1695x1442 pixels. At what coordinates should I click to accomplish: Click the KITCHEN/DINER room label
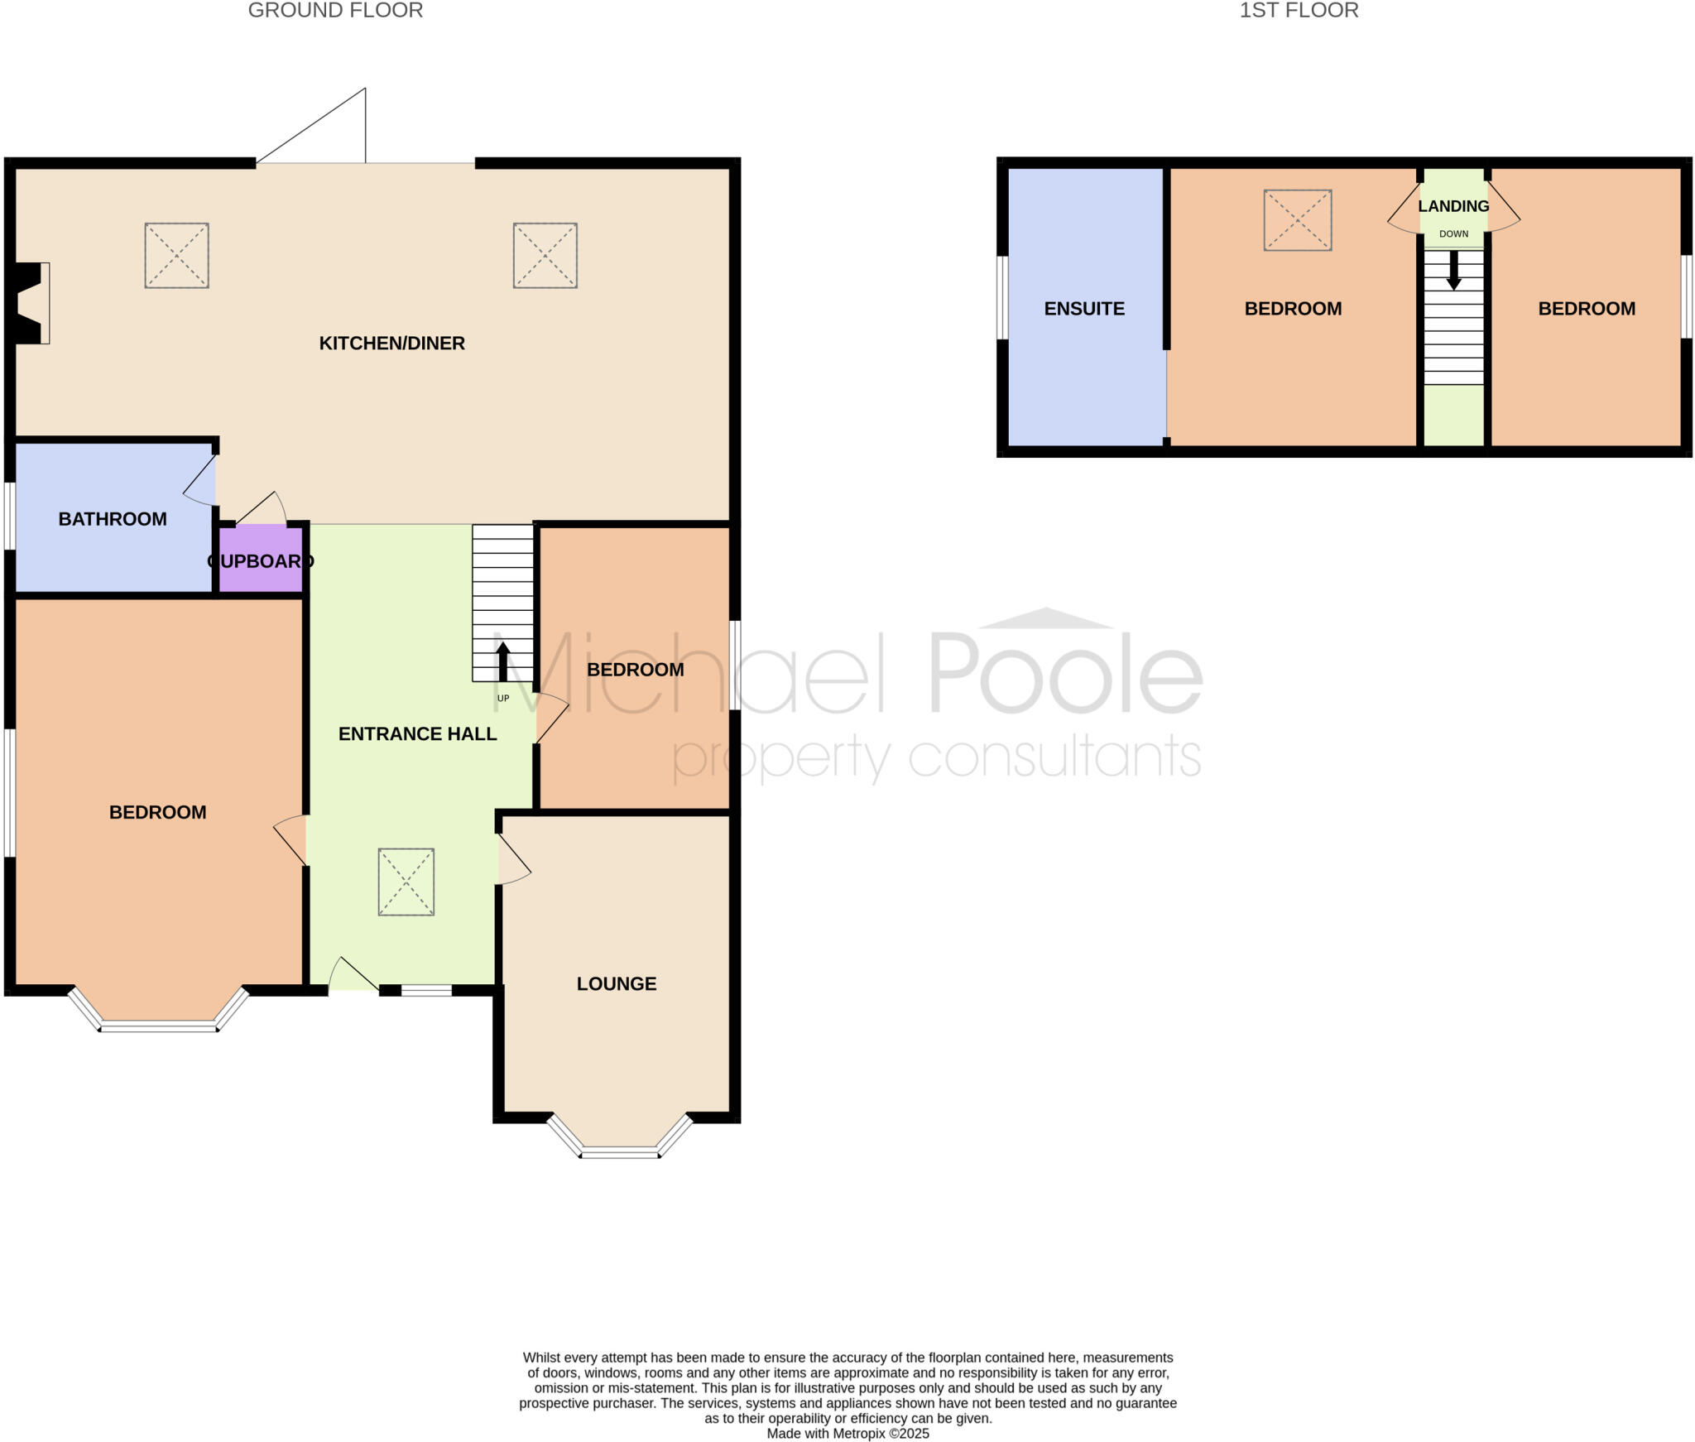point(391,343)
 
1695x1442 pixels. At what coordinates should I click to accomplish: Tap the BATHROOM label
point(113,519)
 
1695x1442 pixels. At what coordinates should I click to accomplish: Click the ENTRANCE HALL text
point(417,733)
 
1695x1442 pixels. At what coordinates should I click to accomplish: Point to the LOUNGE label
point(617,983)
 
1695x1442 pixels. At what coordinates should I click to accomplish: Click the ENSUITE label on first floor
point(1084,309)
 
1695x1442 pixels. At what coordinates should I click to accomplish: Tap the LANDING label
point(1453,206)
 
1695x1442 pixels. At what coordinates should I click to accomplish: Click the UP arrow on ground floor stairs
point(502,662)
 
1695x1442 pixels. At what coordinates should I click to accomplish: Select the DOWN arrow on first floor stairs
point(1453,270)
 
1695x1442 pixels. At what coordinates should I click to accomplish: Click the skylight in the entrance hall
point(406,882)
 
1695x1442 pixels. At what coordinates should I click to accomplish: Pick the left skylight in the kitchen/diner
point(176,255)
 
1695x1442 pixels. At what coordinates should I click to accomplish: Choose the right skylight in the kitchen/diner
point(545,255)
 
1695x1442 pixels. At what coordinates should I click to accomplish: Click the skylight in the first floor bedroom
point(1297,220)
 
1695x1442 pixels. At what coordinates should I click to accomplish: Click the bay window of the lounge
point(619,1151)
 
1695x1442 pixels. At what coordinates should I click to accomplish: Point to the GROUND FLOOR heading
point(335,11)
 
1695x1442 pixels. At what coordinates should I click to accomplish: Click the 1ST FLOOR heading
point(1299,11)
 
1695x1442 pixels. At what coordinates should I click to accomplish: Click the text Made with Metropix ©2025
point(847,1433)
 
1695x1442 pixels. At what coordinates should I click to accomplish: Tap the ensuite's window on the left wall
point(1002,298)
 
